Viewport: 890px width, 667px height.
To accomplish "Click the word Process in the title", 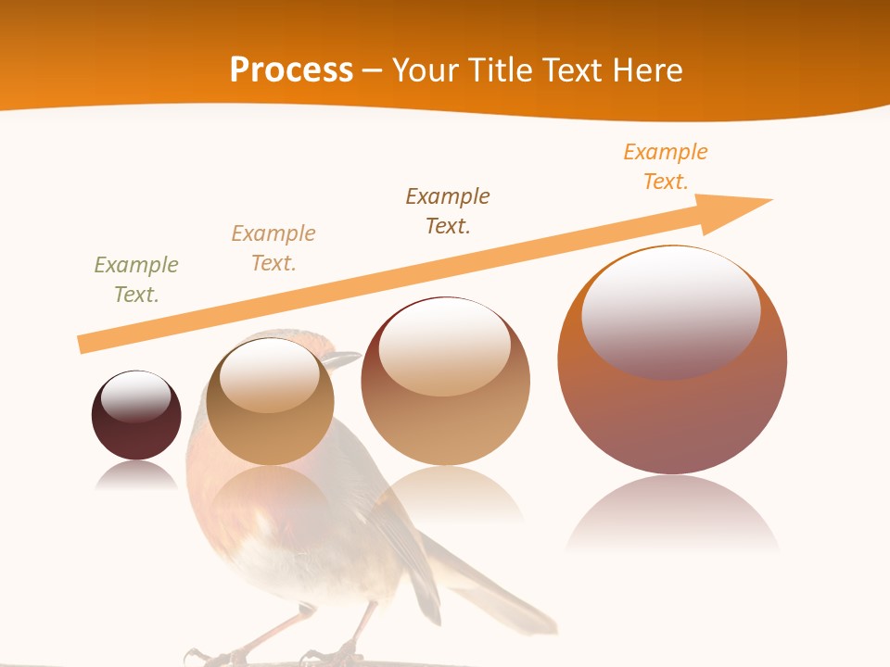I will [x=291, y=70].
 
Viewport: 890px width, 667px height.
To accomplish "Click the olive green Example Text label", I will [x=136, y=279].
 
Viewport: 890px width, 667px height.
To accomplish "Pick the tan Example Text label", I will [x=273, y=247].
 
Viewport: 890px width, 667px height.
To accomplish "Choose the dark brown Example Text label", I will [x=448, y=210].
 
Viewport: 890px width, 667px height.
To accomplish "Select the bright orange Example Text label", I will [x=666, y=166].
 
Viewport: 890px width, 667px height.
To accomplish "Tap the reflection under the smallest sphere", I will [x=136, y=475].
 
